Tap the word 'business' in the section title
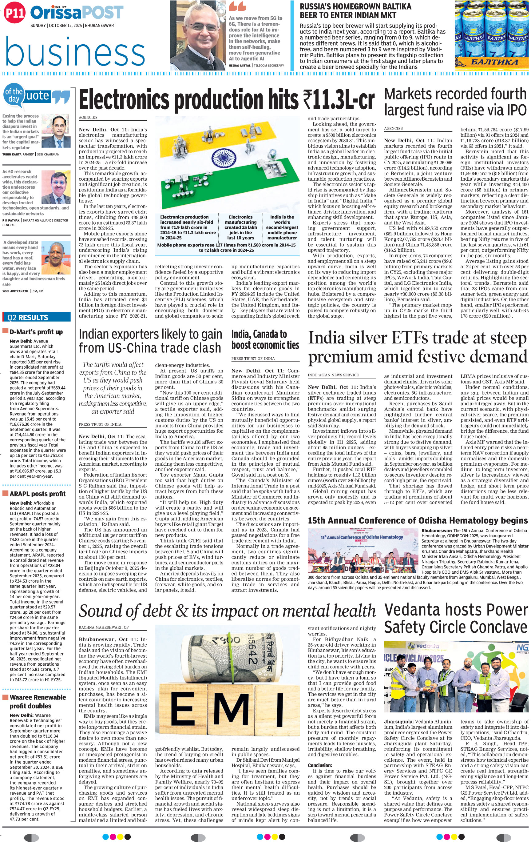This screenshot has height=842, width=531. coord(75,52)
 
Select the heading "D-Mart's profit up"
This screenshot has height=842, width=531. coord(36,332)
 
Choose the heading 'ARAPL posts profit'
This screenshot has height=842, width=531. coord(38,494)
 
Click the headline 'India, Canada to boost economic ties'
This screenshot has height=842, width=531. coord(265,339)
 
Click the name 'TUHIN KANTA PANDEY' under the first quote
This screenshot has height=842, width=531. coord(18,154)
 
